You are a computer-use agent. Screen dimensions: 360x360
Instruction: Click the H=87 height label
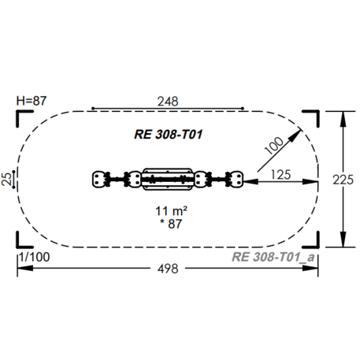coord(32,101)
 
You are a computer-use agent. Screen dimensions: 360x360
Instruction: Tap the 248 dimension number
coord(168,102)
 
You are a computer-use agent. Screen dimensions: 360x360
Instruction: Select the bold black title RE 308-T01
coord(169,135)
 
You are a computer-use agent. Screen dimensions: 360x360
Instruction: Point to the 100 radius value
coord(274,146)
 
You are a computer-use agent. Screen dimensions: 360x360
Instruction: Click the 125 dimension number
coord(280,175)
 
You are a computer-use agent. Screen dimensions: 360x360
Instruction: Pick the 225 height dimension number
coord(343,180)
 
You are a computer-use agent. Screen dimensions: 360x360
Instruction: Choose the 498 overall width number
coord(168,269)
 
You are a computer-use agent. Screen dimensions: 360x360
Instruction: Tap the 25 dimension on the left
coord(7,179)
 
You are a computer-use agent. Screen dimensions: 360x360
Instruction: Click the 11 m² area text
coord(171,211)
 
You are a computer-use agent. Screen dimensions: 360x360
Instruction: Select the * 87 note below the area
coord(171,224)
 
